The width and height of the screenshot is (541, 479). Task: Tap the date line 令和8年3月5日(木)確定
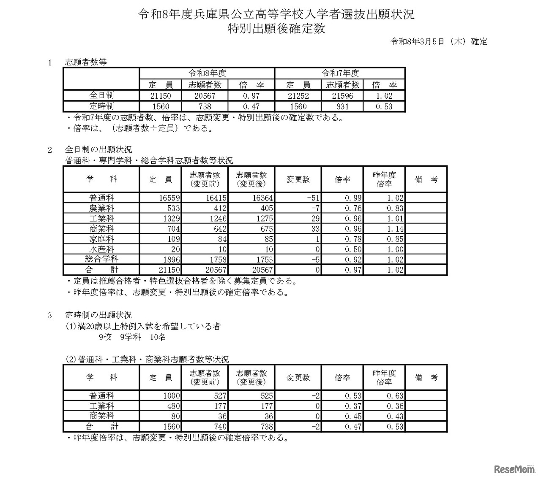pos(438,41)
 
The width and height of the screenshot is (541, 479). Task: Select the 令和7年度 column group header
pos(340,73)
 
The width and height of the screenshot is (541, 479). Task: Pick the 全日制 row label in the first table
pos(101,96)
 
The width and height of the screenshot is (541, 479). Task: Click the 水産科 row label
pos(101,249)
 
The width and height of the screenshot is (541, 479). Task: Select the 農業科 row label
pos(101,208)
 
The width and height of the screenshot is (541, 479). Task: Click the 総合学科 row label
pos(101,260)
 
